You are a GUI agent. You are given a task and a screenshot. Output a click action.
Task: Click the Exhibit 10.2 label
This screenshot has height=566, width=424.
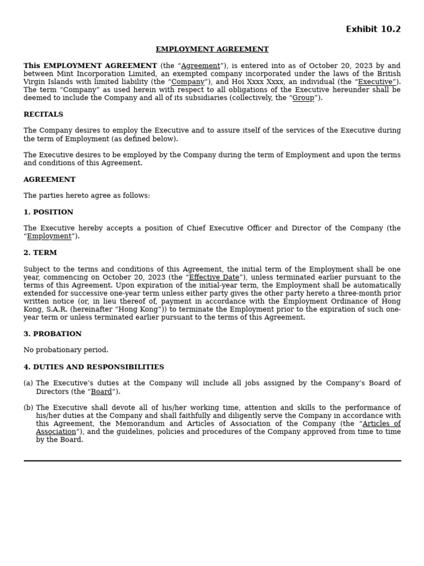373,29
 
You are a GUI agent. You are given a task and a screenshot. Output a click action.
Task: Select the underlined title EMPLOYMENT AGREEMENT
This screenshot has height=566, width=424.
212,49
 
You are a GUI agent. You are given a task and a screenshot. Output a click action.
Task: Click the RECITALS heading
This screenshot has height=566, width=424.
43,114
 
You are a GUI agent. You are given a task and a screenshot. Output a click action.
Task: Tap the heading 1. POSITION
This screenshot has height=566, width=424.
48,212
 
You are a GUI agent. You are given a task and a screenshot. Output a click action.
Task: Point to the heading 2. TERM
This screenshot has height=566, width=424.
40,253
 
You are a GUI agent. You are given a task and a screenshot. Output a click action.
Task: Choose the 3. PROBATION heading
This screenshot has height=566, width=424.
52,334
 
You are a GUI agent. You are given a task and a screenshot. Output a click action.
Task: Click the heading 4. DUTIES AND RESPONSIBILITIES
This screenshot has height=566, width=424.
93,367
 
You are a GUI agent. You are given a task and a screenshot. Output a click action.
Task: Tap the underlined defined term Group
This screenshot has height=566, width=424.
303,98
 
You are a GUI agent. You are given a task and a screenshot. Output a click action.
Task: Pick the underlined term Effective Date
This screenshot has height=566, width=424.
214,277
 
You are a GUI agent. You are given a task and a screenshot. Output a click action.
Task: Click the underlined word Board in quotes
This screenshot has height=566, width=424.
101,391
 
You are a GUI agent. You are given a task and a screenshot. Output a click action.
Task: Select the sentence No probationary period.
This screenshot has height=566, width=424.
66,350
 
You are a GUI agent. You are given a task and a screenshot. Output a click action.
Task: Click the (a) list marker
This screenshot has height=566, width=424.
28,383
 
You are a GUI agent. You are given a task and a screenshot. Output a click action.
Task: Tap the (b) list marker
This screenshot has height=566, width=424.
28,407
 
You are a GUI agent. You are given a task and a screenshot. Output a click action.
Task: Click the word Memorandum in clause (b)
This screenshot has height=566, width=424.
142,424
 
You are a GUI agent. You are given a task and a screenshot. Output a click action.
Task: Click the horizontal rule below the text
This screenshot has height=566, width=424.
212,460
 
